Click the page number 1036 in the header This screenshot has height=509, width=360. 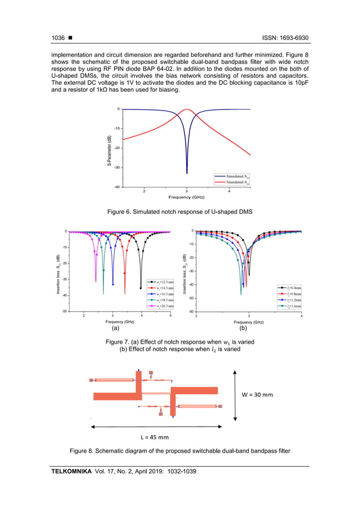click(x=58, y=38)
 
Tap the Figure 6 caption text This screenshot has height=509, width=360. click(x=179, y=211)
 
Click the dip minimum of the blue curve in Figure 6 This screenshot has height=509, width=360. click(x=187, y=173)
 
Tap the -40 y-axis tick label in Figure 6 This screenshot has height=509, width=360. click(x=116, y=187)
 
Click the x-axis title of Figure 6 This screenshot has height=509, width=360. click(x=186, y=197)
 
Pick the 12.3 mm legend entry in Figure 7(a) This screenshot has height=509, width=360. click(x=161, y=281)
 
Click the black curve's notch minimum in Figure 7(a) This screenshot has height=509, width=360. click(x=141, y=288)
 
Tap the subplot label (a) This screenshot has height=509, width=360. click(x=116, y=327)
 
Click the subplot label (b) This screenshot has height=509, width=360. click(x=244, y=327)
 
